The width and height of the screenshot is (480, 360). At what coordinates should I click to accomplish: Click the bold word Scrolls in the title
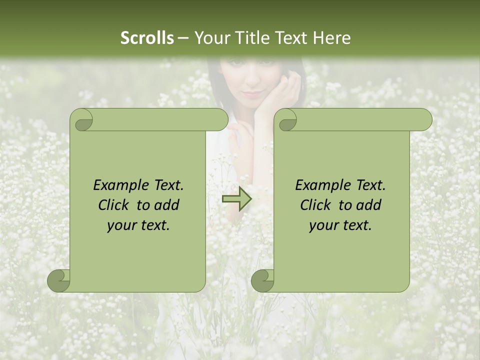147,38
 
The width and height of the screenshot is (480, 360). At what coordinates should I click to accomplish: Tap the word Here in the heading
332,38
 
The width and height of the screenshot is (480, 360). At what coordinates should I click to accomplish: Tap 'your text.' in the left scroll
138,225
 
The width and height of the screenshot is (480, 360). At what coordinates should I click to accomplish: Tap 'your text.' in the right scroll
340,225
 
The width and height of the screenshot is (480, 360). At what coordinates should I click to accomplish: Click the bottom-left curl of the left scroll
59,280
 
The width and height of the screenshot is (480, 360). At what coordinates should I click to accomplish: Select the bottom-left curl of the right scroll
263,280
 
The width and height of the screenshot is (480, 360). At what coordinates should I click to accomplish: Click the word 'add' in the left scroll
167,205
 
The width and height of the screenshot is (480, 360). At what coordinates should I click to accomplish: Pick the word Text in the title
292,38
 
